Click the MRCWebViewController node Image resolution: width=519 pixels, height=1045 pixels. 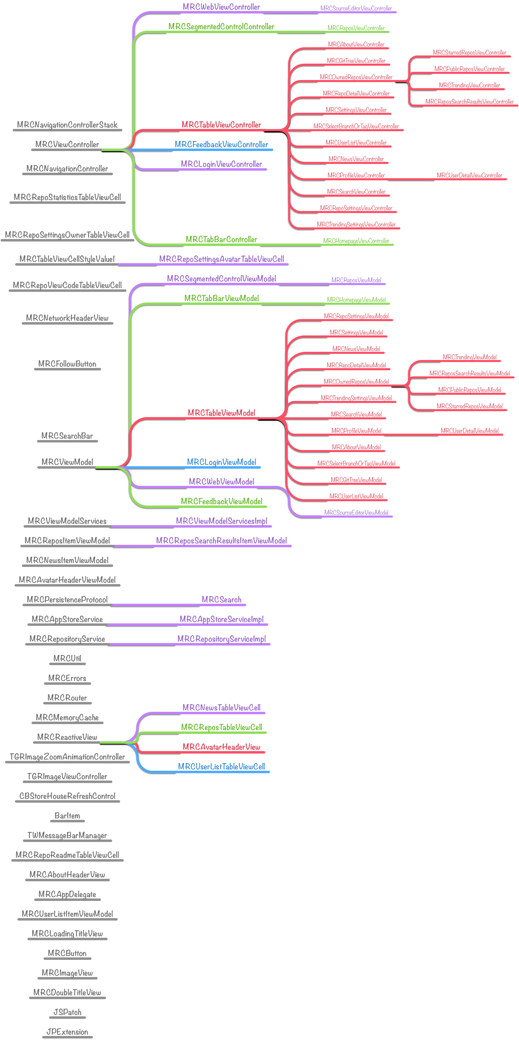tap(221, 7)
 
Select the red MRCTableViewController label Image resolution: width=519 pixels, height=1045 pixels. tap(221, 125)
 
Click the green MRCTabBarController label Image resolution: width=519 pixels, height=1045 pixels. tap(221, 239)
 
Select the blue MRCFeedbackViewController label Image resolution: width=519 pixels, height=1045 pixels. tap(221, 144)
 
